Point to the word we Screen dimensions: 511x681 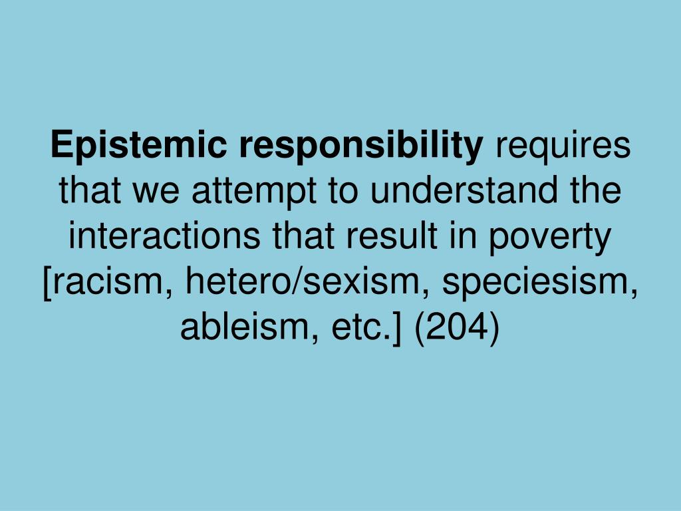click(x=156, y=192)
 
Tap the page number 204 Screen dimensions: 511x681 click(x=457, y=329)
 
